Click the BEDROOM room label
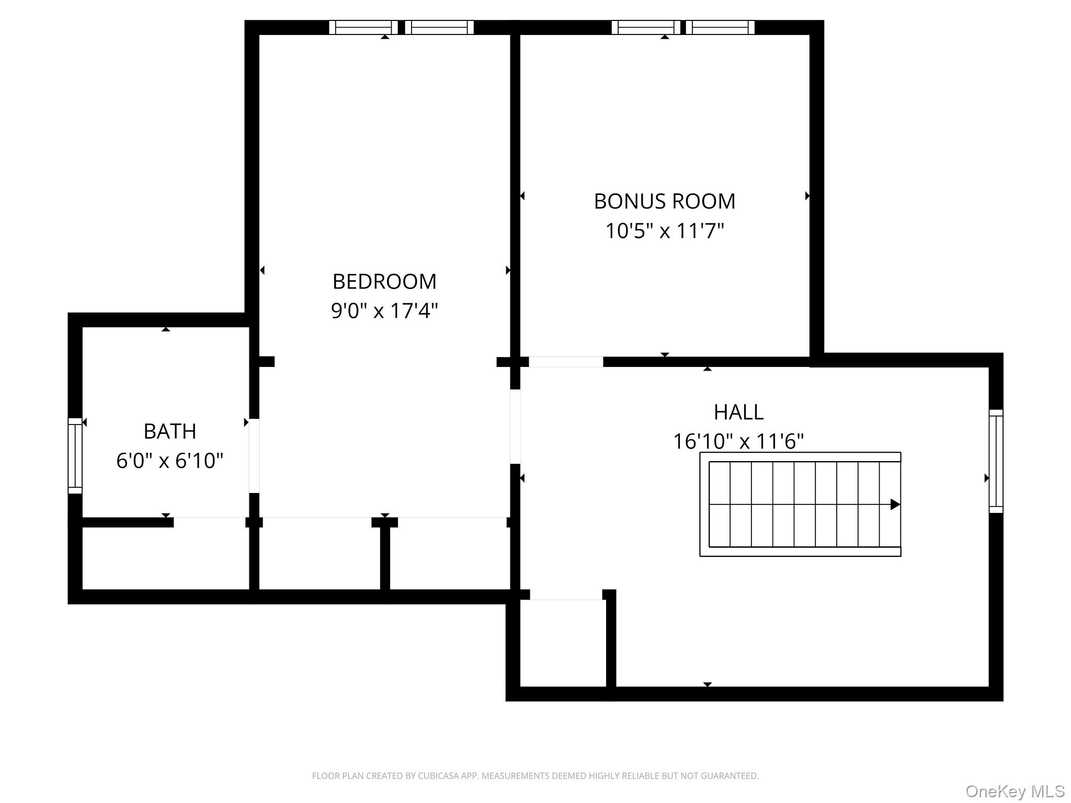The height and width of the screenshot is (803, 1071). tap(384, 282)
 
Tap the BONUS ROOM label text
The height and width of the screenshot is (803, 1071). tap(665, 201)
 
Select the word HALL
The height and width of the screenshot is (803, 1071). tap(738, 412)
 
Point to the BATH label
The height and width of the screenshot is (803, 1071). tap(170, 431)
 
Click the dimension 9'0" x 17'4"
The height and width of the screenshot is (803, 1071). tap(384, 311)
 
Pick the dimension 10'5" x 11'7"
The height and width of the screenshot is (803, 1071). tap(665, 231)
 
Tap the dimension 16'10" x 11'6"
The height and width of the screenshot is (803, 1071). tap(738, 441)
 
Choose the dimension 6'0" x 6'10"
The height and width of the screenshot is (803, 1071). tap(170, 461)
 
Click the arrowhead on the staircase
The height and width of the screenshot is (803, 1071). tap(895, 504)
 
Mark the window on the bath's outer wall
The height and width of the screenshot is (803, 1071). tap(75, 455)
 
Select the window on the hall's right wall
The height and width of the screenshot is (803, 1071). tap(996, 461)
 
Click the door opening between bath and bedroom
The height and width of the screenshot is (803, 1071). tap(254, 455)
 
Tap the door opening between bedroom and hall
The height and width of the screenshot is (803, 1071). tap(515, 427)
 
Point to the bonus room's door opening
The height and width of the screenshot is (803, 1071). tap(566, 362)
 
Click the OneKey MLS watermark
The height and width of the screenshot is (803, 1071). tap(1015, 791)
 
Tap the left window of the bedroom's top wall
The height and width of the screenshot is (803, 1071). tap(363, 27)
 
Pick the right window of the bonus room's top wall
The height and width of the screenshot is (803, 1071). tap(721, 27)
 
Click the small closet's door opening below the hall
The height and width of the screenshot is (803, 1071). tap(566, 595)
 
